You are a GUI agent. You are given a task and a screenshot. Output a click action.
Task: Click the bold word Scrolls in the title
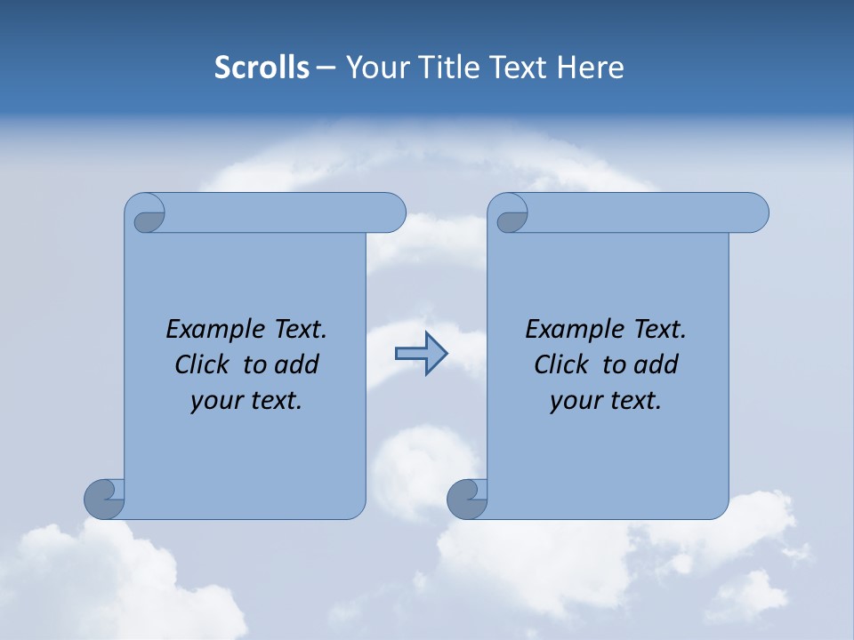[262, 67]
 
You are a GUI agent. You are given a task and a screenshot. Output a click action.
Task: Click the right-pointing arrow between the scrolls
[421, 354]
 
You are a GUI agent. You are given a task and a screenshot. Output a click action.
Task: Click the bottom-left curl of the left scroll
[105, 499]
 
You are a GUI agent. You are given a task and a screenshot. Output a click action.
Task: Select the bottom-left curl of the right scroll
[467, 499]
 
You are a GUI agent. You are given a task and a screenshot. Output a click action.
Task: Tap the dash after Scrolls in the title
[326, 68]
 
